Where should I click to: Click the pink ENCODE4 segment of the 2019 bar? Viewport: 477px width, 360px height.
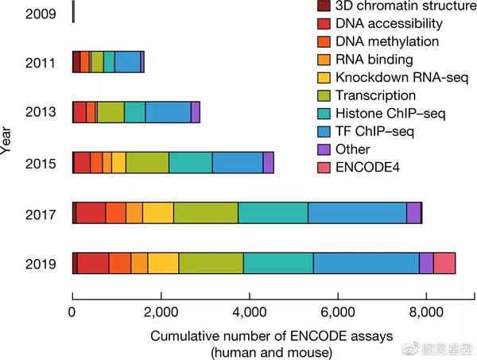(444, 262)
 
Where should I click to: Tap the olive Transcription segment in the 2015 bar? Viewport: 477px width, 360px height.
(147, 162)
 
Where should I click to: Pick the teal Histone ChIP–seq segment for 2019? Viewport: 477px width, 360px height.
(278, 262)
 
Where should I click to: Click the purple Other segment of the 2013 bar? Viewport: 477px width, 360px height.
(196, 112)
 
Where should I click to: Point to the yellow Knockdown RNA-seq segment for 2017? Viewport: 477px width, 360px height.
(158, 213)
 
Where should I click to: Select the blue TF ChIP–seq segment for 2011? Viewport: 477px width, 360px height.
(127, 62)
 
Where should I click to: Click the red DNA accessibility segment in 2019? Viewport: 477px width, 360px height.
(93, 262)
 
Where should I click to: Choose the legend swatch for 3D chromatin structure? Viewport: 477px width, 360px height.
(321, 6)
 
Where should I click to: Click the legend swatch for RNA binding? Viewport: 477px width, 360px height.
(321, 59)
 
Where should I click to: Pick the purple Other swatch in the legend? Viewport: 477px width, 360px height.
(321, 149)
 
